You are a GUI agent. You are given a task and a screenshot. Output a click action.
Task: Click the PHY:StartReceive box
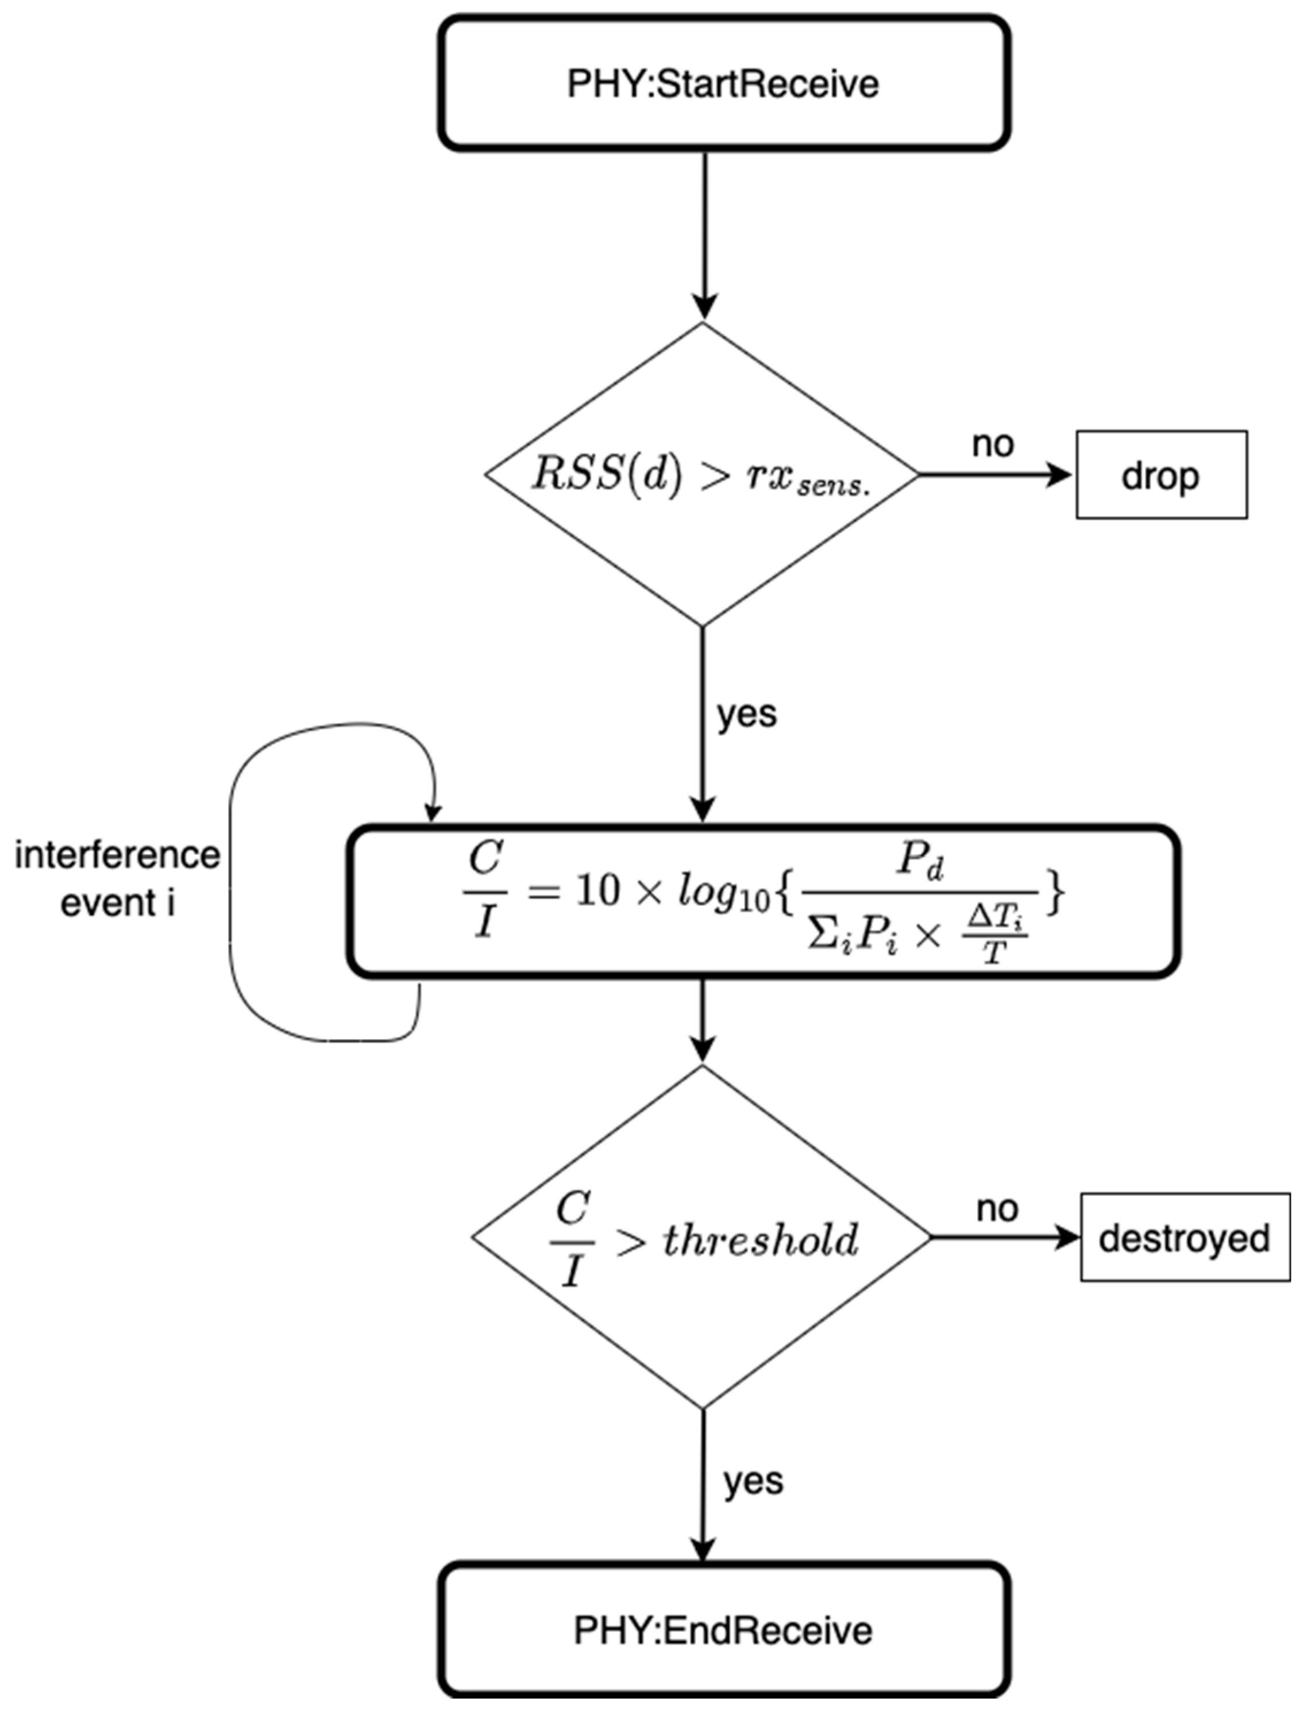(x=723, y=83)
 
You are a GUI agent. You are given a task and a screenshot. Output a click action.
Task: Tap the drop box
(x=1161, y=475)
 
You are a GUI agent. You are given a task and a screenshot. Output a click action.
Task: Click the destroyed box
(x=1184, y=1238)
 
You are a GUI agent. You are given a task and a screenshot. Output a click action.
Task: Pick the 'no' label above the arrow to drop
(x=993, y=444)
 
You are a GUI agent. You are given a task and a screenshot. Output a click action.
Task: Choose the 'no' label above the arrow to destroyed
(x=997, y=1209)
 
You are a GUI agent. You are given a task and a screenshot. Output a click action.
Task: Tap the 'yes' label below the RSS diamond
(x=747, y=714)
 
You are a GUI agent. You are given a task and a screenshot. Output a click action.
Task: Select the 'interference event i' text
(x=117, y=879)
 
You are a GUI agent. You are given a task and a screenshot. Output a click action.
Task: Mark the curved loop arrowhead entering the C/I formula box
(x=433, y=812)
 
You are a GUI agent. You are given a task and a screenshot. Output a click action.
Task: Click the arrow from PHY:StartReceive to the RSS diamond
(x=704, y=233)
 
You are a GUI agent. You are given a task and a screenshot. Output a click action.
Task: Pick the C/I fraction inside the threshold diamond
(x=573, y=1239)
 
